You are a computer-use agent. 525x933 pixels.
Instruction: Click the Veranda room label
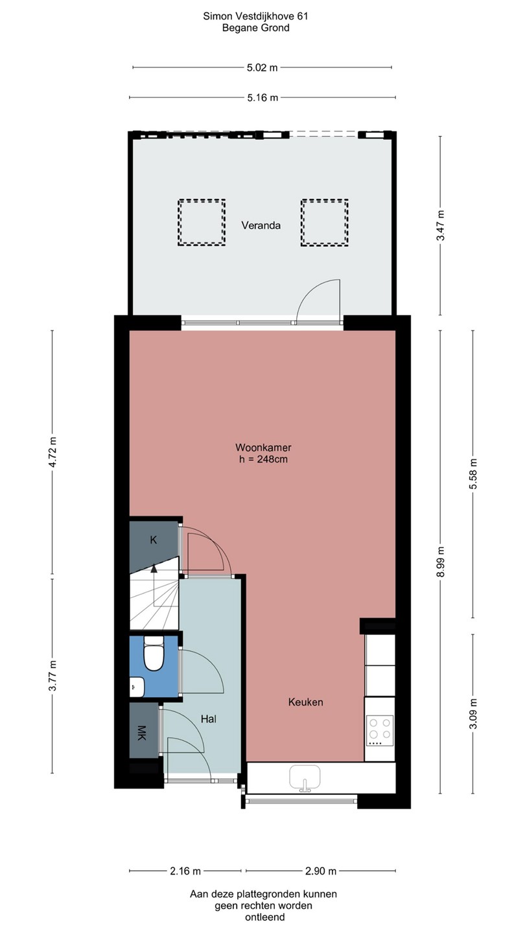[261, 225]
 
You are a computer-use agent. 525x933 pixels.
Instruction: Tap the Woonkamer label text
[263, 447]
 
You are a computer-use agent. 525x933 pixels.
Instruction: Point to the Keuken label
[305, 702]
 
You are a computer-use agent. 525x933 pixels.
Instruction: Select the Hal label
[208, 719]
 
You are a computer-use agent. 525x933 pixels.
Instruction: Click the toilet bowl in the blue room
[154, 655]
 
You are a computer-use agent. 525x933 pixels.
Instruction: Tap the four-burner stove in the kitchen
[380, 731]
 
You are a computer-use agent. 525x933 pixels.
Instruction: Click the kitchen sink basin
[305, 777]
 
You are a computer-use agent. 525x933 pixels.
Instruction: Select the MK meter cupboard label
[141, 733]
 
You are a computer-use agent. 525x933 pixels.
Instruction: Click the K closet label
[154, 540]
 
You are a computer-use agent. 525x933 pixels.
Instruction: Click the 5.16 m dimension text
[262, 98]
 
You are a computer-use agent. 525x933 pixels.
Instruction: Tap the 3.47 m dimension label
[441, 225]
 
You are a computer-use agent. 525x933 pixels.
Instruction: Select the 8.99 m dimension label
[441, 562]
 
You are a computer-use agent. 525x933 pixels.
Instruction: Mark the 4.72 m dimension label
[52, 452]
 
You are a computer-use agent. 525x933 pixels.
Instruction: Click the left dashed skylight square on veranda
[202, 222]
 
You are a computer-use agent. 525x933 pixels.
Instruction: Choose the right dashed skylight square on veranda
[325, 222]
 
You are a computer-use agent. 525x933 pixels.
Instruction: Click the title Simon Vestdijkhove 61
[255, 16]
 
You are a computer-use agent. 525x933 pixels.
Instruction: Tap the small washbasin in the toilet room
[137, 687]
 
